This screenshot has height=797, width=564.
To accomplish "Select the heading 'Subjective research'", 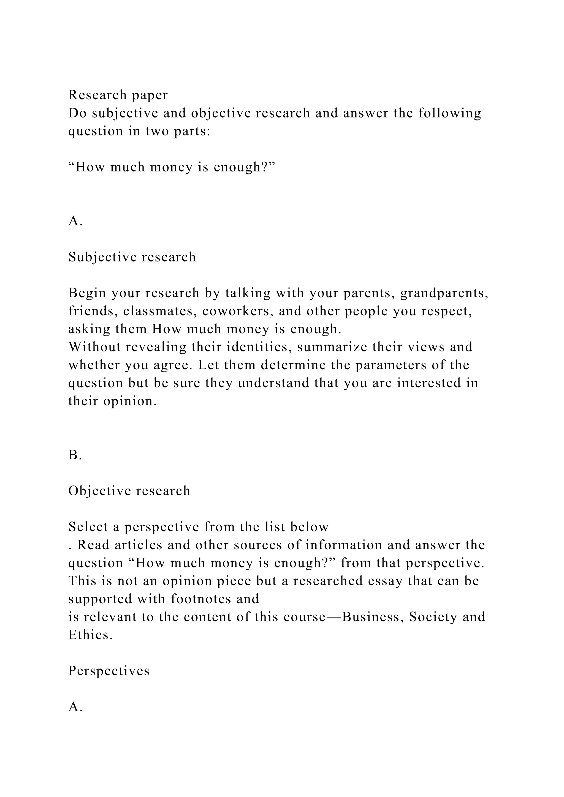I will tap(132, 257).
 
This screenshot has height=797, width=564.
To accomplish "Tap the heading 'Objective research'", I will tap(129, 491).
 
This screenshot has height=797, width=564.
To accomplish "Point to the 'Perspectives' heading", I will tap(109, 671).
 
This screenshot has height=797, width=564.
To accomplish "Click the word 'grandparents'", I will tap(442, 293).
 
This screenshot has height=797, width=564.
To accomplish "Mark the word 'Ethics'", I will tap(90, 635).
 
